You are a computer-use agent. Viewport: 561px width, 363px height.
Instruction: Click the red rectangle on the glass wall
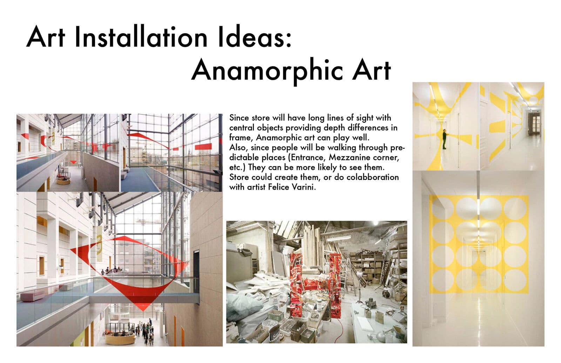point(203,146)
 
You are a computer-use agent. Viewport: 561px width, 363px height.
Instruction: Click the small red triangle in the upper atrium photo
point(73,162)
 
